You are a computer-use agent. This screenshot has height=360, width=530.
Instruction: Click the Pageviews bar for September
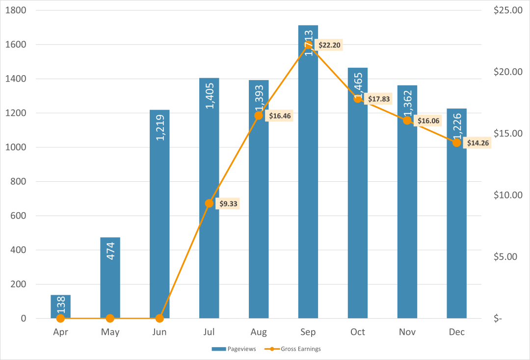pos(308,196)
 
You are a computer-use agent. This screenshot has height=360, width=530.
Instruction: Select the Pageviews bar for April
pos(60,306)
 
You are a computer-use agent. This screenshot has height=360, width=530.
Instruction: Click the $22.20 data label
pos(329,45)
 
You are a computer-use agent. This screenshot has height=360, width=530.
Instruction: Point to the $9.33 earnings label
pos(228,203)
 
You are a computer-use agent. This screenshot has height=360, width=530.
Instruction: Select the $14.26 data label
pos(478,143)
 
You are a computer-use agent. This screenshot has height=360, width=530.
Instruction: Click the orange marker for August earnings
pos(259,116)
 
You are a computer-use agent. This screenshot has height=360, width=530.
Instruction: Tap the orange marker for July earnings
pos(209,203)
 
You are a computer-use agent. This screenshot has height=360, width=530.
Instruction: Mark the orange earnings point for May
pos(110,318)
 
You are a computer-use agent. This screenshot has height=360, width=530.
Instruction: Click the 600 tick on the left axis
pos(18,216)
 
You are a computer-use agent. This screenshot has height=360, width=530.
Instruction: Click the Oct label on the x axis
pos(358,332)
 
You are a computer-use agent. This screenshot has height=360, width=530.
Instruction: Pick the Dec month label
pos(457,332)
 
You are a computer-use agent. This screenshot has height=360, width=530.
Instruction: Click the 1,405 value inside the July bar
pos(210,95)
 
